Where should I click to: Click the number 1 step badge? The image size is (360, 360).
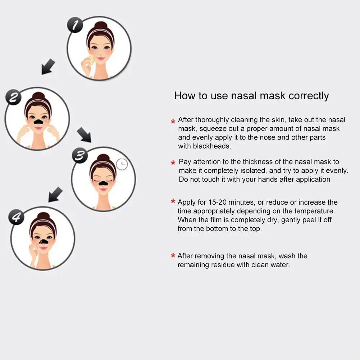[75, 26]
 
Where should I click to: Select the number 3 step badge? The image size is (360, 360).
[80, 156]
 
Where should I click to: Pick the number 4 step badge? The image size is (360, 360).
[16, 218]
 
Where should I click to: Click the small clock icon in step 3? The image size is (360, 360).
[122, 164]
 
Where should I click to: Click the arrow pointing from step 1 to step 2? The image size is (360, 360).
[48, 67]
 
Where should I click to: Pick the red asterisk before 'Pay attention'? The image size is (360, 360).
[173, 163]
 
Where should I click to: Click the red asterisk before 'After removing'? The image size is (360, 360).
[173, 256]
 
